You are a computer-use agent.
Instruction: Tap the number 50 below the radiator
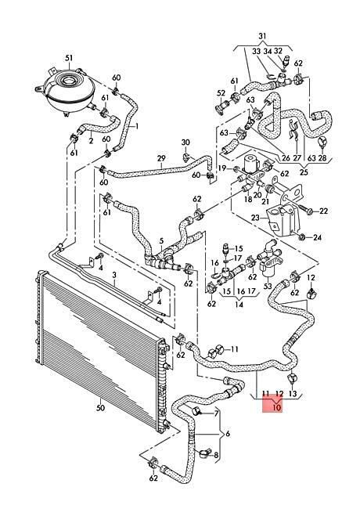(100, 407)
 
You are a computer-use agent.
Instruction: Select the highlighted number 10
(276, 406)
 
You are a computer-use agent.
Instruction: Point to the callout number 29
(161, 159)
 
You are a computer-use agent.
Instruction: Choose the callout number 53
(268, 287)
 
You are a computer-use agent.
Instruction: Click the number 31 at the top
(262, 36)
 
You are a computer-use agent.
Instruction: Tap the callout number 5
(161, 241)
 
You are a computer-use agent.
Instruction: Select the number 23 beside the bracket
(256, 218)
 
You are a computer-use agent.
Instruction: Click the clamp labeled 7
(197, 411)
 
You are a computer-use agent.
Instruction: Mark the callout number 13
(292, 394)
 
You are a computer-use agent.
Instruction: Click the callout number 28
(322, 158)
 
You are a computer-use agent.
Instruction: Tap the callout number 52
(221, 93)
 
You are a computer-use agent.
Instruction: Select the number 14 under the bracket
(239, 305)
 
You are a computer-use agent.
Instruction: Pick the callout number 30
(185, 143)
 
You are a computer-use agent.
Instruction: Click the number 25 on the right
(304, 172)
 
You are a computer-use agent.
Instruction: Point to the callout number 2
(91, 141)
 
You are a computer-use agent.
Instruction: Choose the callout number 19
(221, 168)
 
